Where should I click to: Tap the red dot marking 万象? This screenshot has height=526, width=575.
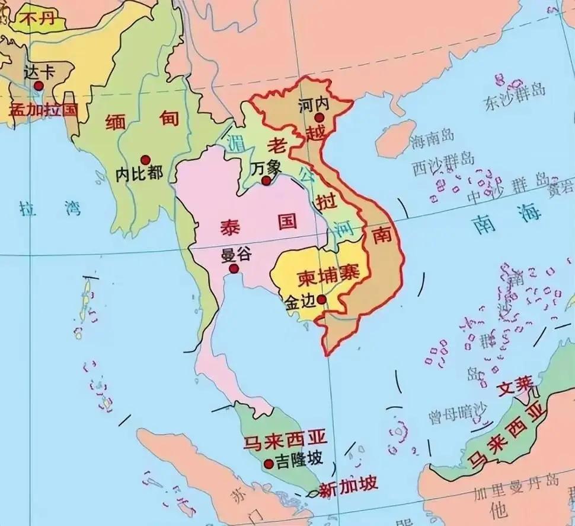click(267, 180)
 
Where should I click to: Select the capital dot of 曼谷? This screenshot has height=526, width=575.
click(234, 268)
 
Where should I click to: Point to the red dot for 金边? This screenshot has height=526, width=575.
click(321, 300)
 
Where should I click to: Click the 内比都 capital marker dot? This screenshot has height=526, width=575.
click(144, 160)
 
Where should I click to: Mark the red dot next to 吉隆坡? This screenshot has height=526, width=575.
click(269, 464)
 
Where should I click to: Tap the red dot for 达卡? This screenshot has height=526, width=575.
click(39, 85)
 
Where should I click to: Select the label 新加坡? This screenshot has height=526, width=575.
click(348, 487)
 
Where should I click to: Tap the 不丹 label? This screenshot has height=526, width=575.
click(37, 18)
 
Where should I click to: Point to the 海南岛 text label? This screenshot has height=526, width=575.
click(432, 137)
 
